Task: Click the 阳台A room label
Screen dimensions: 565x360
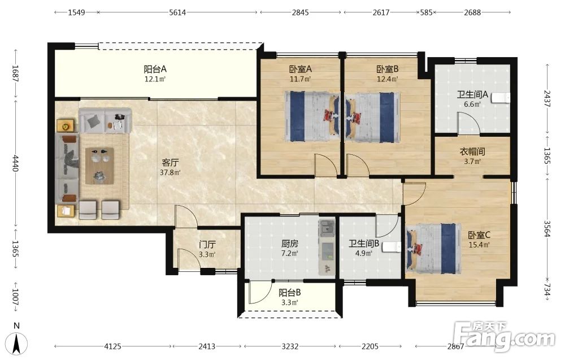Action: (155, 69)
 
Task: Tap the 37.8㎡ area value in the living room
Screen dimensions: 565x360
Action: (170, 172)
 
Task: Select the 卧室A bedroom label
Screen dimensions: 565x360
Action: (300, 69)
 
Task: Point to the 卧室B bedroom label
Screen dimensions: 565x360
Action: (388, 69)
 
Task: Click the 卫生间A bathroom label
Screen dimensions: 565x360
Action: (472, 95)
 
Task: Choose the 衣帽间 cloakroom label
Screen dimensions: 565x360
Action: (472, 151)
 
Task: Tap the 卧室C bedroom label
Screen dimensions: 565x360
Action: (479, 235)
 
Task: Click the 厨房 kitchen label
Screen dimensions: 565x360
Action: (290, 244)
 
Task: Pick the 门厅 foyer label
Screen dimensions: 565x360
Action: (207, 245)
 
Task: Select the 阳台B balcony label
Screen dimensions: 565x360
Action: (290, 293)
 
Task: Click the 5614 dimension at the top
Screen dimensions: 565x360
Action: (177, 12)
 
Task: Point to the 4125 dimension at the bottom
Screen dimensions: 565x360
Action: (112, 346)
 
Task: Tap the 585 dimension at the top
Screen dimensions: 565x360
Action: (426, 12)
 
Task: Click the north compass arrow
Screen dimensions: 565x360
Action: (16, 344)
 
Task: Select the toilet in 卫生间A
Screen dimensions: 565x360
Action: (501, 98)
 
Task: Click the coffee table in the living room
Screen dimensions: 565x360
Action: (99, 166)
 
